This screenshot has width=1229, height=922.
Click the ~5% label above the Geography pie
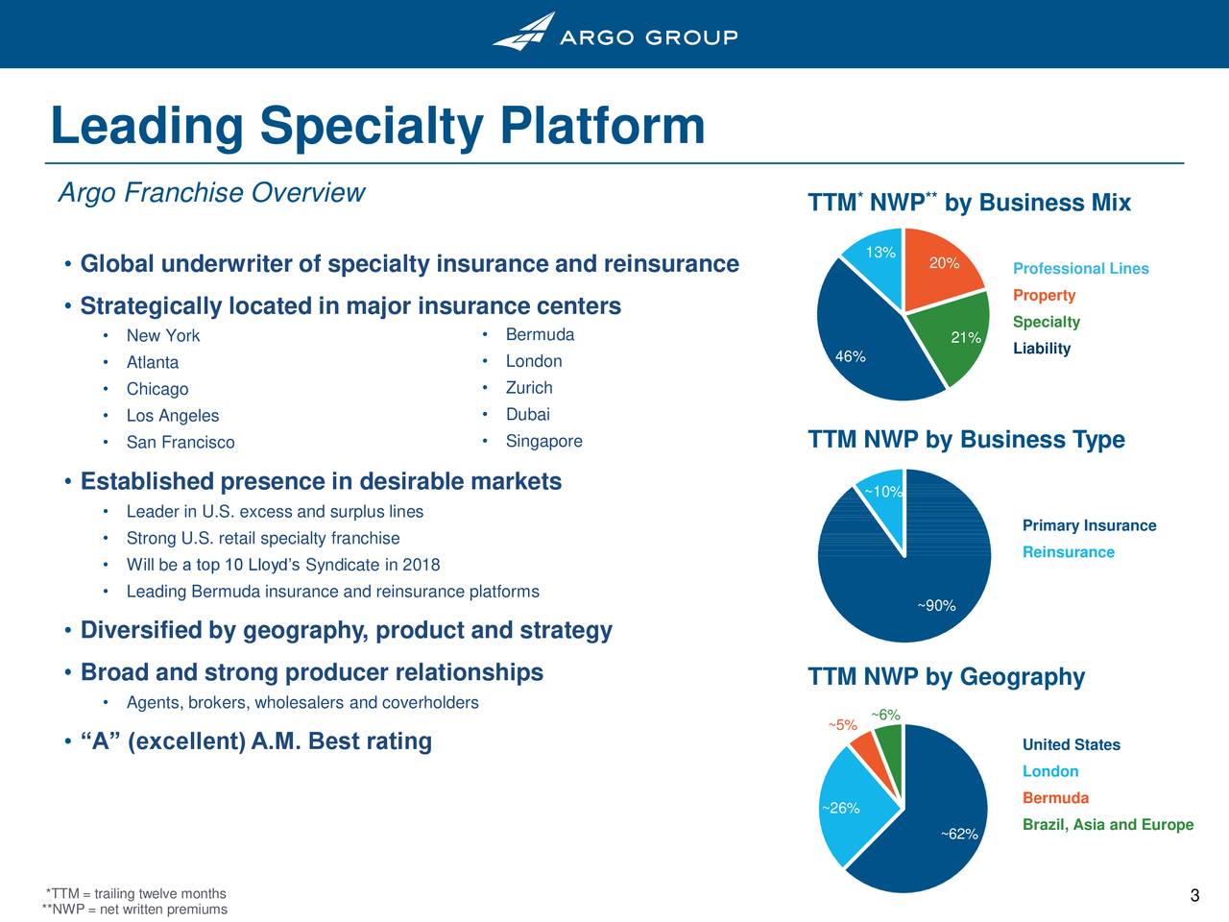[x=843, y=725]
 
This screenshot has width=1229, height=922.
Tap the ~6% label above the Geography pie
[x=886, y=715]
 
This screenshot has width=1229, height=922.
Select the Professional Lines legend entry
[x=1080, y=269]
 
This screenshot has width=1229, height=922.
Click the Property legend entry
[x=1045, y=296]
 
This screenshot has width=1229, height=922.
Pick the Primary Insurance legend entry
[x=1089, y=525]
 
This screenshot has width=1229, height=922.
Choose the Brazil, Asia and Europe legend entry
[x=1108, y=825]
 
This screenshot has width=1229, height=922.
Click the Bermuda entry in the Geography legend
[x=1055, y=798]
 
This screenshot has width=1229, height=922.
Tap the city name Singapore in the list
[x=543, y=441]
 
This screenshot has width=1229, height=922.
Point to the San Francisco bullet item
[x=181, y=442]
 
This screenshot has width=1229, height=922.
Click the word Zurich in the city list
[x=529, y=387]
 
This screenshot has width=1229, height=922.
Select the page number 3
[x=1194, y=895]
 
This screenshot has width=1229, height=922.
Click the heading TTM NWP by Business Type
[x=967, y=440]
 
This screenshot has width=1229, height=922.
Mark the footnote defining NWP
[x=135, y=910]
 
